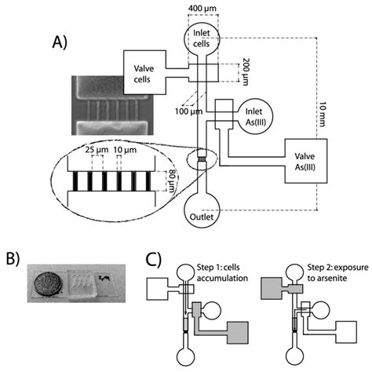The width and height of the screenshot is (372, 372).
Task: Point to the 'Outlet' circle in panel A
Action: (x=203, y=216)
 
